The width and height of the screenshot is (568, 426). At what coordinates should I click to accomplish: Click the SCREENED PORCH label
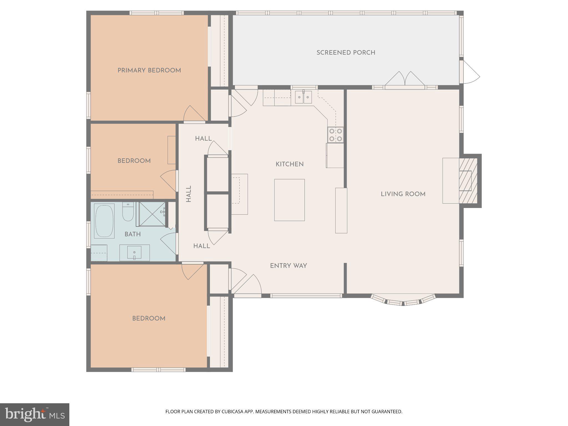[x=346, y=53]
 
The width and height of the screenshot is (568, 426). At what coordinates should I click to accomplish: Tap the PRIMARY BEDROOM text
[x=149, y=70]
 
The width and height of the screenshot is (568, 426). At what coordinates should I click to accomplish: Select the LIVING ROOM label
[x=403, y=194]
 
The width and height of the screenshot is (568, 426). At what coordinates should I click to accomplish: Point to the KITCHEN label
[x=290, y=164]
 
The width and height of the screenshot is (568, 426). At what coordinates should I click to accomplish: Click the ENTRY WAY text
[x=288, y=266]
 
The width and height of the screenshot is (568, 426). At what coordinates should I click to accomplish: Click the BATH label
[x=133, y=234]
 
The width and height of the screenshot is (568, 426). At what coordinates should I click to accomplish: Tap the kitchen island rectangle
[x=289, y=200]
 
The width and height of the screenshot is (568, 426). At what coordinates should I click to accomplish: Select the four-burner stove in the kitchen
[x=335, y=135]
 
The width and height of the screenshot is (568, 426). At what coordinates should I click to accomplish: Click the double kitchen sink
[x=303, y=97]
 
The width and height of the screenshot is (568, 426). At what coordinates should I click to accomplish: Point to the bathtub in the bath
[x=104, y=221]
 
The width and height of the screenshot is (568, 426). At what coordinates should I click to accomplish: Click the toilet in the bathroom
[x=128, y=212]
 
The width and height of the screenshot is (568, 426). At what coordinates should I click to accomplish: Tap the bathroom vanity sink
[x=134, y=253]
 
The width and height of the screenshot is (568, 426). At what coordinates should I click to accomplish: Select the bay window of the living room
[x=403, y=301]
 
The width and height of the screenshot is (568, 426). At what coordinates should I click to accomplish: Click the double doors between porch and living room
[x=405, y=80]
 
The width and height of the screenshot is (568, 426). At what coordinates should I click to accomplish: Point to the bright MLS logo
[x=34, y=414]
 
